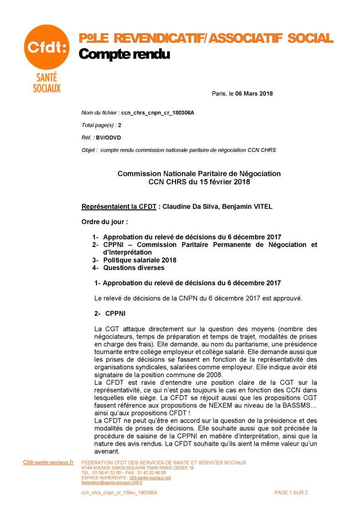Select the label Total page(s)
click(99, 125)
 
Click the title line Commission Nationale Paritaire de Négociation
click(199, 173)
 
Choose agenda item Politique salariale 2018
click(140, 260)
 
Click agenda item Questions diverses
click(134, 268)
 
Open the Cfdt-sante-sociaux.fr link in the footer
click(48, 462)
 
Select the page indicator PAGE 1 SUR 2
click(291, 492)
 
